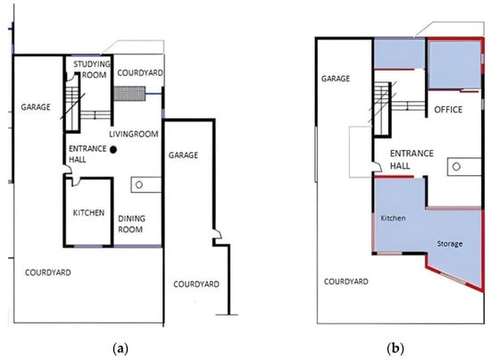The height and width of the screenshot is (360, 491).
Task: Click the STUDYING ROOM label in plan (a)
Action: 92,70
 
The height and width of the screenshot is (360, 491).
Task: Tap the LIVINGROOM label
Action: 134,134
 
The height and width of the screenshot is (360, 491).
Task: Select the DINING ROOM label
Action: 131,223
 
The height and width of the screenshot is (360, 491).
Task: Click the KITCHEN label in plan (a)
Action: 88,213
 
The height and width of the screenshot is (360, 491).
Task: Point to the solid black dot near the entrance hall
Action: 113,150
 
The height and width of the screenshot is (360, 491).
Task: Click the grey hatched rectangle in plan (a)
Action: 129,94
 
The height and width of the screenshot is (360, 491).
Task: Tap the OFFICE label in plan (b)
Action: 448,109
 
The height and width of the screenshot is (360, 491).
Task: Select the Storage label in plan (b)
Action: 450,244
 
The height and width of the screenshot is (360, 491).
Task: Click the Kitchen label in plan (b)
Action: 393,218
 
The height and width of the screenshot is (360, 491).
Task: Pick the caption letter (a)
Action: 121,348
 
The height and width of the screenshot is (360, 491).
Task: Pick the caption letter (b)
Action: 395,348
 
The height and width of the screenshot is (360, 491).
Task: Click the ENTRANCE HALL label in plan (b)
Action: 412,160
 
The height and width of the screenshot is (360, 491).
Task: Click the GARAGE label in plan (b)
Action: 336,79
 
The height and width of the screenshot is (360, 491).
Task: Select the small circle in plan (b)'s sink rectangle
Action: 456,167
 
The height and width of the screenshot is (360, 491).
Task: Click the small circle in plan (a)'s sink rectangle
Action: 139,185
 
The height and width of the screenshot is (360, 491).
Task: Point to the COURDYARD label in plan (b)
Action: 346,281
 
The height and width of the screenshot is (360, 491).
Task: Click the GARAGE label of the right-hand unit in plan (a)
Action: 183,155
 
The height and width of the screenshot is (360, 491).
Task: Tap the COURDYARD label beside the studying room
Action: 140,72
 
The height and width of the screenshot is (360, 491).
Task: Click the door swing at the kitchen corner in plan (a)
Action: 75,182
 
